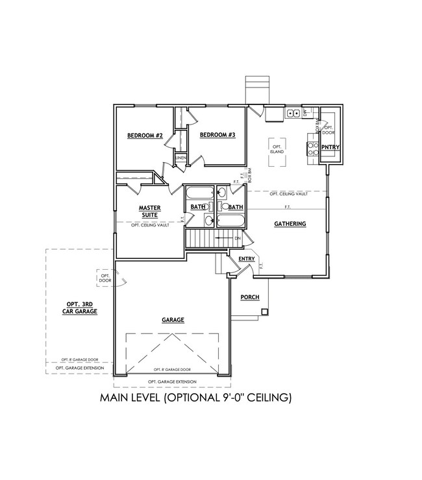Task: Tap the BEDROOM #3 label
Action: coord(216,135)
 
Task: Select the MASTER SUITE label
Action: coord(149,211)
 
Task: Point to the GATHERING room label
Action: coord(290,224)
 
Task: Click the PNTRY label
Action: coord(330,147)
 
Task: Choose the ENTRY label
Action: coord(247,259)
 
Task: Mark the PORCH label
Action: coord(249,297)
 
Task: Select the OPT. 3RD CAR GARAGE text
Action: coord(81,307)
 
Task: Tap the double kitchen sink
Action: coord(293,114)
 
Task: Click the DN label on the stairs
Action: coord(238,238)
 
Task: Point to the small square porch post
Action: coord(265,312)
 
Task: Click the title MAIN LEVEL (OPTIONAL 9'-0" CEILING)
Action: coord(195,397)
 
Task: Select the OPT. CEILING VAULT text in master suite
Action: coord(149,225)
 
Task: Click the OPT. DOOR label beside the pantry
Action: coord(329,130)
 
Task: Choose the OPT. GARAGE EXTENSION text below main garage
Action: coord(172,381)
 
